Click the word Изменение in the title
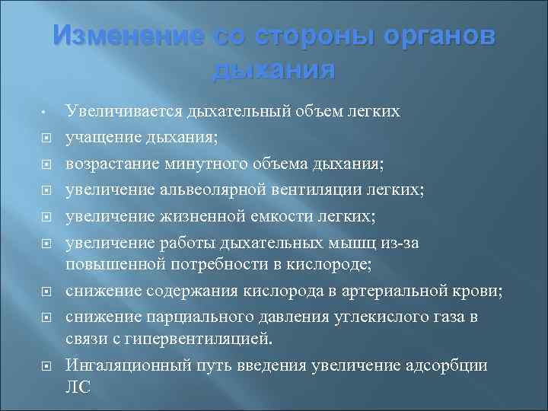pyautogui.click(x=126, y=37)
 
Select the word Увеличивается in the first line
pyautogui.click(x=122, y=112)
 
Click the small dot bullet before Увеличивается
pyautogui.click(x=46, y=113)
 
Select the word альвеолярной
pyautogui.click(x=211, y=188)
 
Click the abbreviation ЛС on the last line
pyautogui.click(x=78, y=387)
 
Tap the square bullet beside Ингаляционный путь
pyautogui.click(x=46, y=366)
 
